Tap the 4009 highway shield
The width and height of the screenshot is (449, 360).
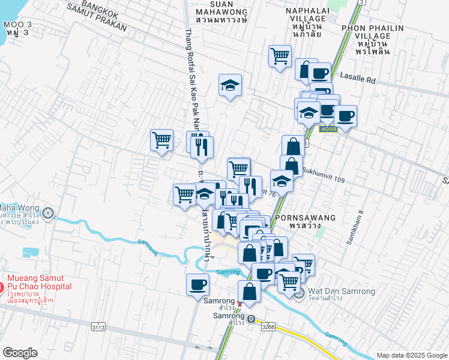[x=328, y=129]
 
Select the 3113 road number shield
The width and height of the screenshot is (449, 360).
[x=98, y=327]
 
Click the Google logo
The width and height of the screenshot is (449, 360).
[x=20, y=353]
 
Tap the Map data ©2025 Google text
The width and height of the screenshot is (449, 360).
[x=411, y=355]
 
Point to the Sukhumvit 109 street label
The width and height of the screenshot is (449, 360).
[x=324, y=170]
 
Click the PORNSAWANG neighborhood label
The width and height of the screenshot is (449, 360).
[x=294, y=219]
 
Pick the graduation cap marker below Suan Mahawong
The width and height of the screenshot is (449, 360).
[x=230, y=86]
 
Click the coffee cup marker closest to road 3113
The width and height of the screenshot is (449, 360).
[x=197, y=284]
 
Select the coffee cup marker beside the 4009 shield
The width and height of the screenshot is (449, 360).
[x=345, y=115]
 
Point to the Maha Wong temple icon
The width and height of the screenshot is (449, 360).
[x=49, y=212]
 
